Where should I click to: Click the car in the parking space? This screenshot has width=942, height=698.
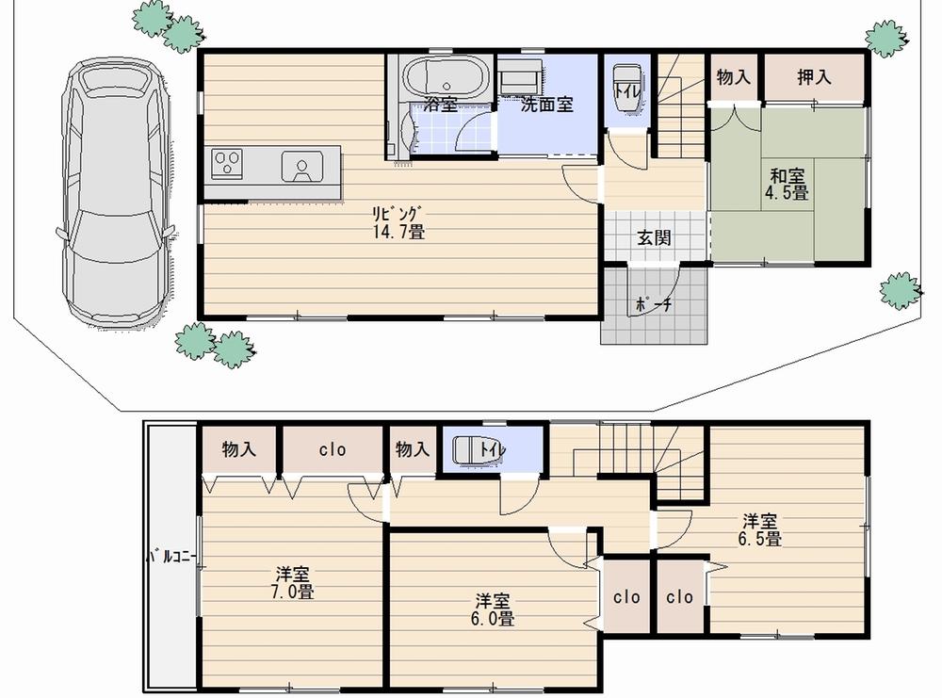tap(116, 194)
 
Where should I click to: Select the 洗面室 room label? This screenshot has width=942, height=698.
tap(547, 105)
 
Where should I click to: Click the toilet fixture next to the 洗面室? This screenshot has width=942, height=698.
tap(624, 89)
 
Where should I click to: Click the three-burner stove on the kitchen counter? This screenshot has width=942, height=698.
tap(228, 164)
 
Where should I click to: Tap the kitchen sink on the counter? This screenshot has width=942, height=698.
tap(300, 166)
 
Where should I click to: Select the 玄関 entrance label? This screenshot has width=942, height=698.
tap(654, 237)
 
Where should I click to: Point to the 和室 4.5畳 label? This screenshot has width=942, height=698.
tap(787, 184)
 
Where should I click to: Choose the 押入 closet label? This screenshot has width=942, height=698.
tap(814, 77)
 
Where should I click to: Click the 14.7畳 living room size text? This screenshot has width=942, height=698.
tap(402, 231)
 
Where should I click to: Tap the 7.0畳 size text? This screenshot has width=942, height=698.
tap(294, 592)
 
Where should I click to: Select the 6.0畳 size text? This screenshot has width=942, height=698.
tap(494, 619)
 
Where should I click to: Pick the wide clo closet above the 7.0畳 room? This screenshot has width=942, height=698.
tap(333, 450)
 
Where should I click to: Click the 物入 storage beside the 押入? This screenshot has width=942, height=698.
tap(733, 77)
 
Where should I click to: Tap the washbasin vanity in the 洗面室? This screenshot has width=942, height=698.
tap(518, 74)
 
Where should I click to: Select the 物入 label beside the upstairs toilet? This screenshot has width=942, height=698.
tap(413, 450)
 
